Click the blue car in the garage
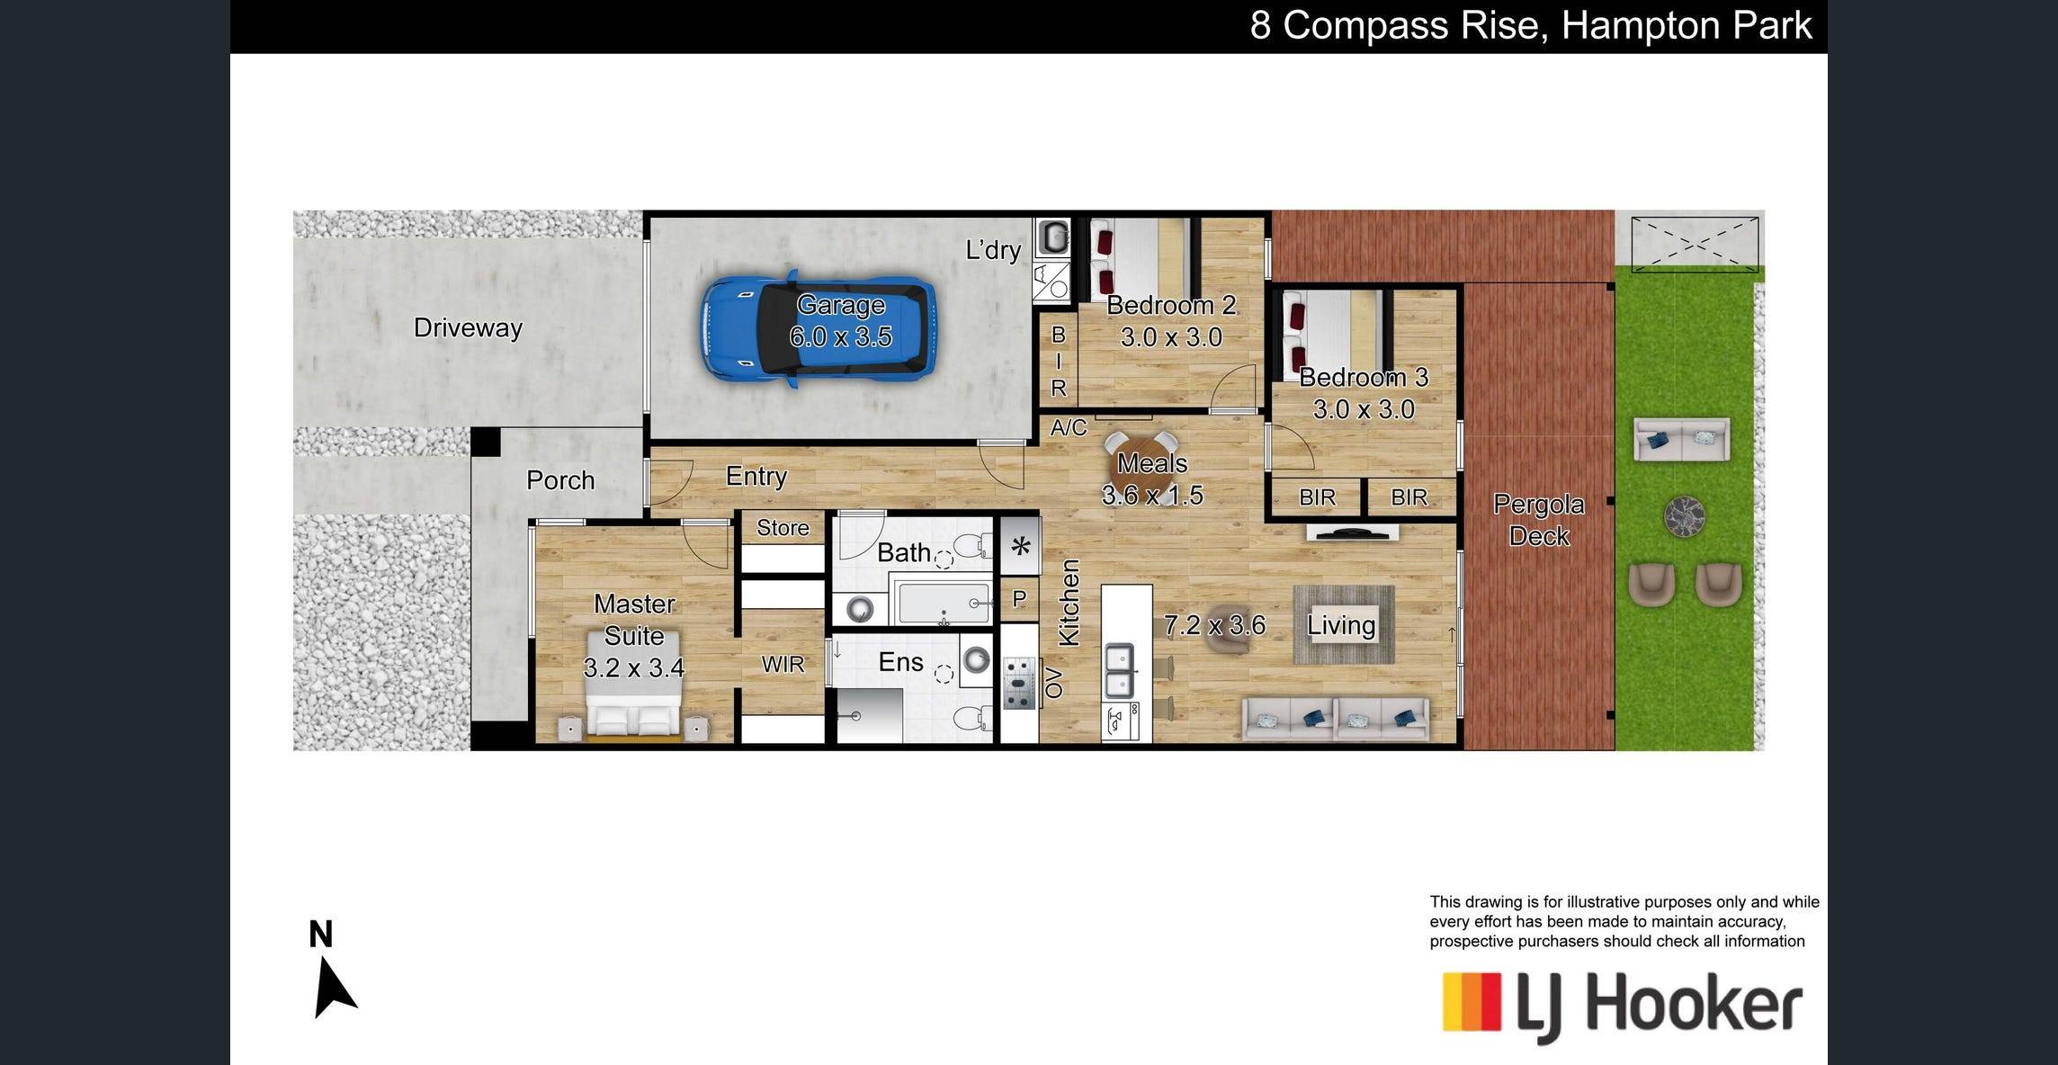[818, 329]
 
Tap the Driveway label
[468, 327]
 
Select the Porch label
[560, 480]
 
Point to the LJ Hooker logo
[1623, 1005]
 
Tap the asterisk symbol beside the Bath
[1021, 545]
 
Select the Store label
[783, 528]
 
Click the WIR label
[783, 665]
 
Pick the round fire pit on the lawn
[1684, 516]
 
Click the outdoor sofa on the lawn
[1681, 440]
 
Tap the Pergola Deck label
[1539, 520]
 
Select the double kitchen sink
[1119, 671]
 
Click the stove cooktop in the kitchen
[1020, 684]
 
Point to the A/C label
[1069, 428]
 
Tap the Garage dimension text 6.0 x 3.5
[840, 337]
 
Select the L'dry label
[993, 250]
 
